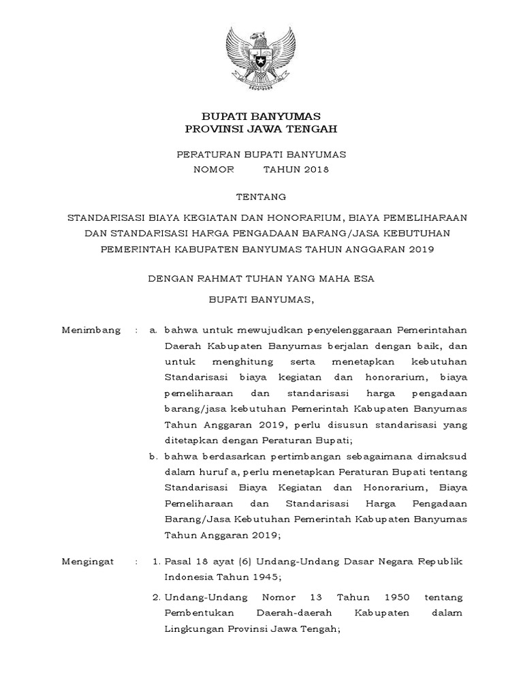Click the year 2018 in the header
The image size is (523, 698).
click(x=314, y=170)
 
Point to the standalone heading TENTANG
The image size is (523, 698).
click(x=261, y=196)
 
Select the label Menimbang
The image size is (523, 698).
click(x=91, y=330)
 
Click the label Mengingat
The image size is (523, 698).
click(x=89, y=562)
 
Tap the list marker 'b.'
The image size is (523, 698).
click(x=154, y=455)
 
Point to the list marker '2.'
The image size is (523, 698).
click(x=155, y=598)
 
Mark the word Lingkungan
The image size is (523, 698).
click(x=195, y=629)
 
